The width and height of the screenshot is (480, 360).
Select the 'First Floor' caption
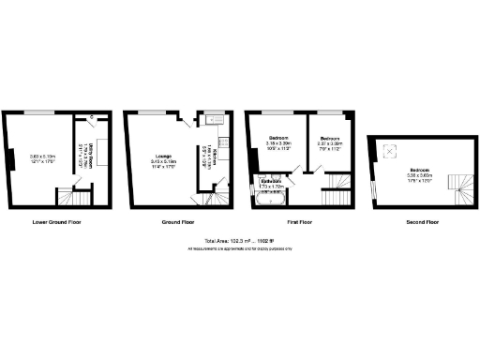click(x=300, y=223)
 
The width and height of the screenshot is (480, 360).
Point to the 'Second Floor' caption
click(x=418, y=223)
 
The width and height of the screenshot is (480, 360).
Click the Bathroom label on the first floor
click(x=271, y=185)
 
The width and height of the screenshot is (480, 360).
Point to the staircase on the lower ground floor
click(x=69, y=198)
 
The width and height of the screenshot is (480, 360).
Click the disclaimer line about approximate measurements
click(x=239, y=248)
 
